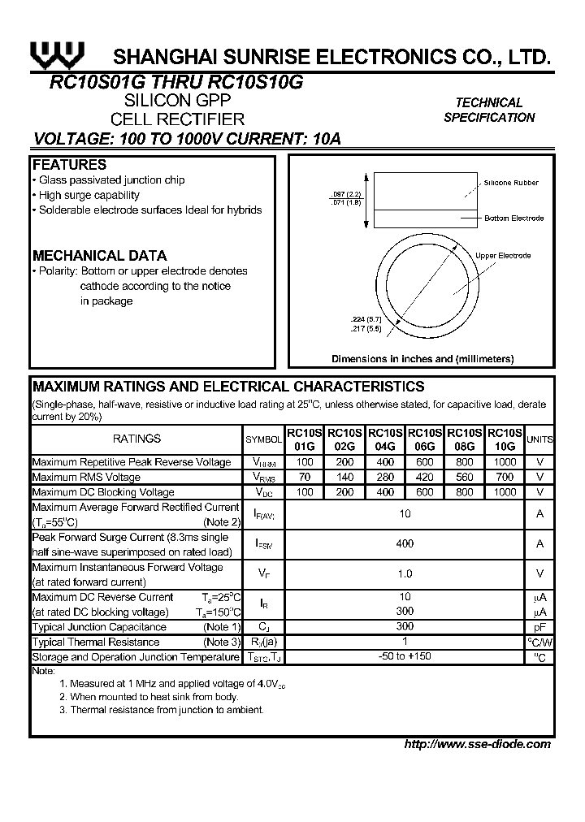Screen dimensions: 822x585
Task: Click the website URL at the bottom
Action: [x=477, y=744]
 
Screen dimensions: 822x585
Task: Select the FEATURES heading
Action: [x=69, y=165]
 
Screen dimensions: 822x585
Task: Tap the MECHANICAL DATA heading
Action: [x=99, y=255]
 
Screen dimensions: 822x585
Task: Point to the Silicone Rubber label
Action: [x=511, y=184]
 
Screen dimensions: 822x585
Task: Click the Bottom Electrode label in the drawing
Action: [x=513, y=218]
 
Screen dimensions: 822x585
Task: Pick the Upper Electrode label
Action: [x=503, y=256]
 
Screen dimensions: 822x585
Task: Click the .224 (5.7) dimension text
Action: [x=342, y=319]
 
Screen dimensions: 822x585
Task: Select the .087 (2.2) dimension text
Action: [x=345, y=195]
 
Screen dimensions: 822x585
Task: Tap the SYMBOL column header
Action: [x=263, y=439]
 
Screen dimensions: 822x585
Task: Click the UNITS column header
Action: [x=539, y=439]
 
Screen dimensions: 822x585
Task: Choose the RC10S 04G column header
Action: [x=385, y=439]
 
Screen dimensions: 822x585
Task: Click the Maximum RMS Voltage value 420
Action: [x=426, y=477]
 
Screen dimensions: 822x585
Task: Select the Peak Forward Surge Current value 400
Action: [x=405, y=543]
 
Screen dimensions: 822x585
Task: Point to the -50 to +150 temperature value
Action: [x=405, y=656]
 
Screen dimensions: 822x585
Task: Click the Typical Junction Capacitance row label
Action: [x=99, y=627]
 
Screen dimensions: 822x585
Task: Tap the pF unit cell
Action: [x=539, y=627]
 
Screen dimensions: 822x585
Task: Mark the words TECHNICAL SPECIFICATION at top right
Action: [x=489, y=110]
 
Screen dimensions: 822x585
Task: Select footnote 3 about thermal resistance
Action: [x=161, y=710]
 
